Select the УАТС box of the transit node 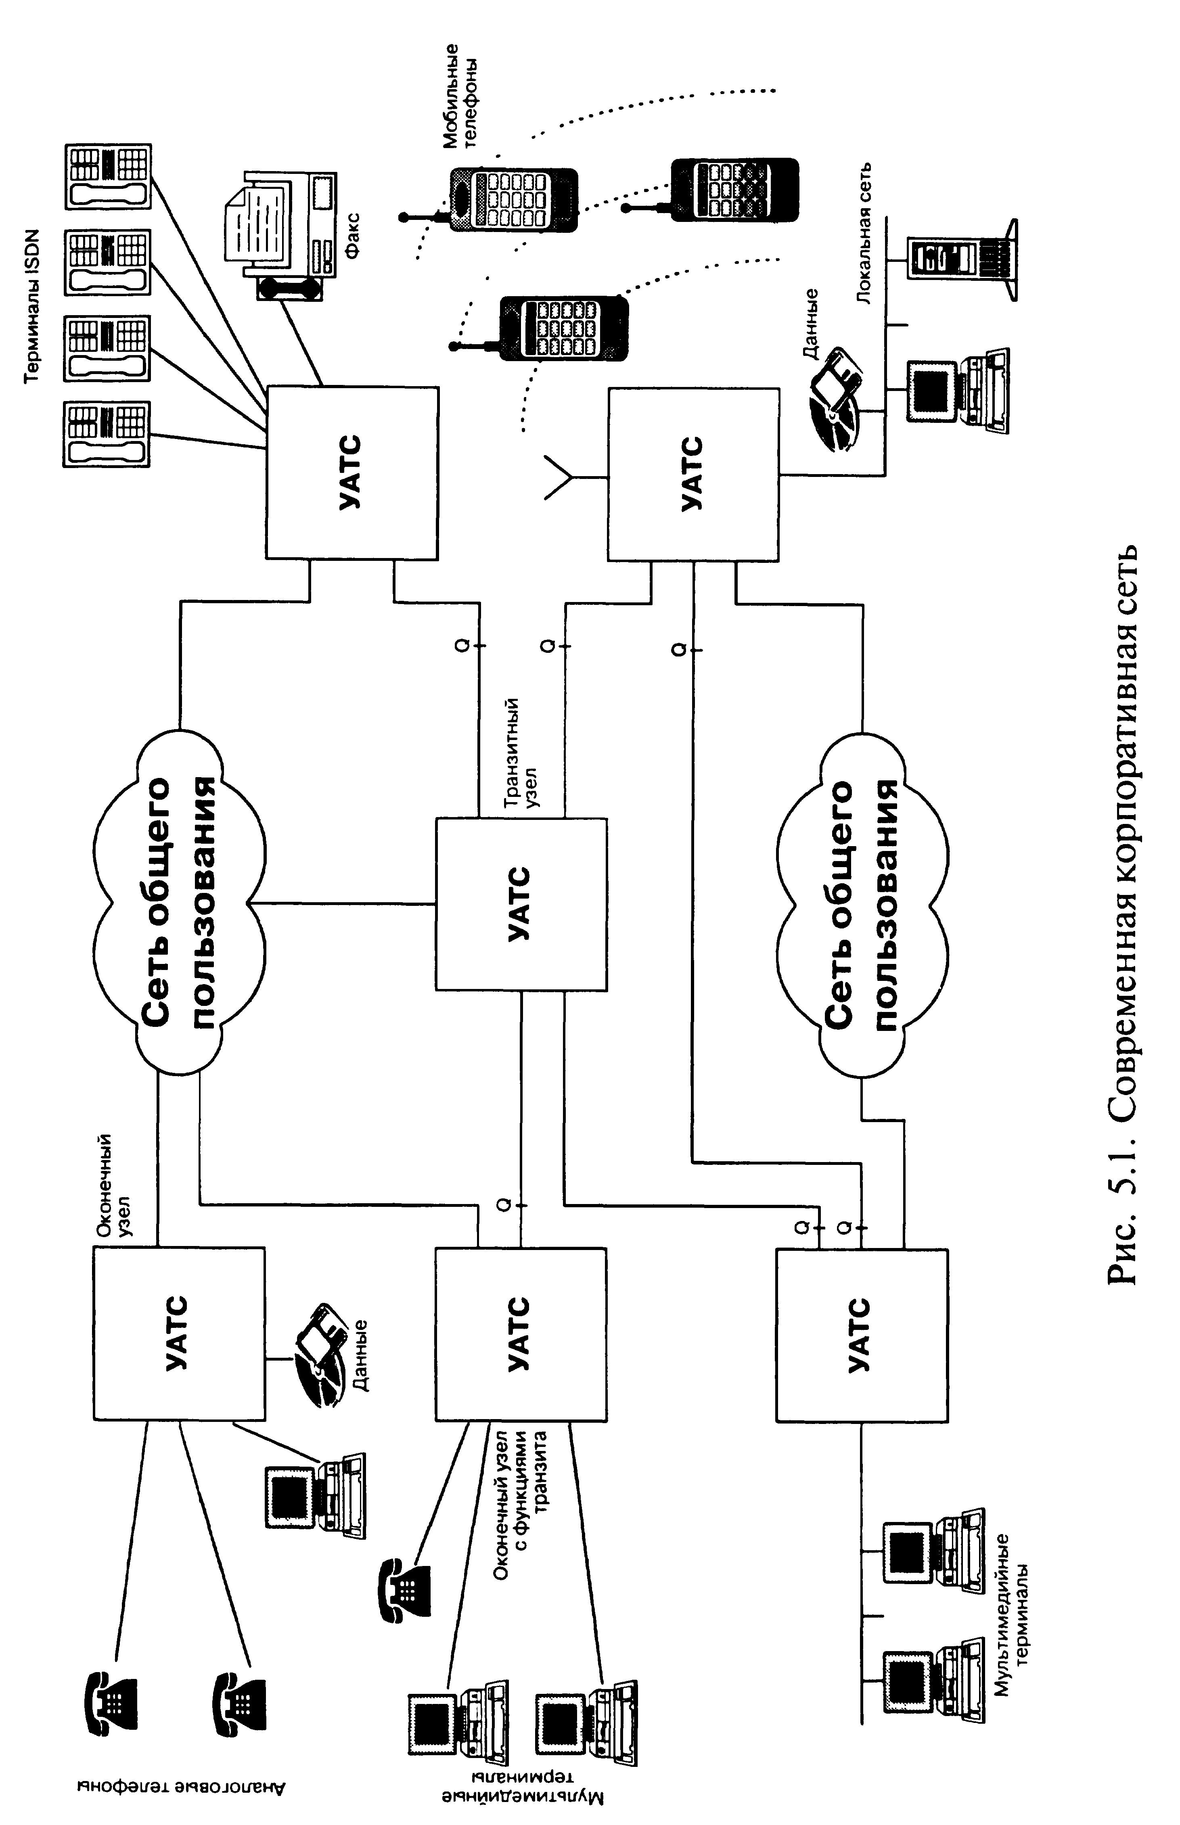(x=521, y=904)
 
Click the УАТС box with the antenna (x=693, y=473)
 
